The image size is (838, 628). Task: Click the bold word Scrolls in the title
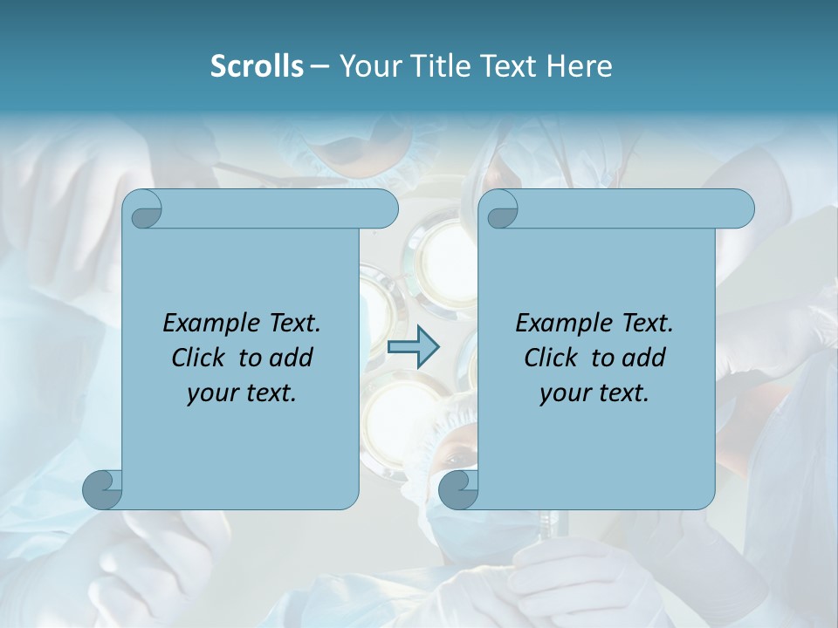pyautogui.click(x=258, y=66)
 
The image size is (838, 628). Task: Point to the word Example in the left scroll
pyautogui.click(x=207, y=324)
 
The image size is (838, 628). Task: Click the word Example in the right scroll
pyautogui.click(x=560, y=324)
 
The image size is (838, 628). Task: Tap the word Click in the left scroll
pyautogui.click(x=191, y=358)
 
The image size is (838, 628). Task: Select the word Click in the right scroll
pyautogui.click(x=544, y=358)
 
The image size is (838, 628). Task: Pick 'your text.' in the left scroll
pyautogui.click(x=242, y=393)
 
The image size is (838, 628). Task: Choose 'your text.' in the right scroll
pyautogui.click(x=594, y=393)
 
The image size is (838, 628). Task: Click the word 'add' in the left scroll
pyautogui.click(x=291, y=358)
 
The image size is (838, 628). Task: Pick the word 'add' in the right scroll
pyautogui.click(x=643, y=358)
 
